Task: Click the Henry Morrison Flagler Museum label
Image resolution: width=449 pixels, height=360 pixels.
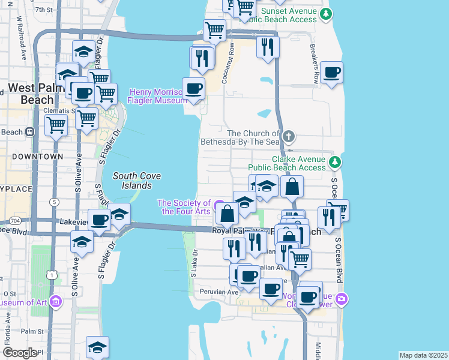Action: pyautogui.click(x=157, y=96)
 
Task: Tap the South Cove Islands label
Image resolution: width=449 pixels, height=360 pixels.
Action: pyautogui.click(x=132, y=181)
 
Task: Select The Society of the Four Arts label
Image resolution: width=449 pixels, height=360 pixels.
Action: pyautogui.click(x=185, y=207)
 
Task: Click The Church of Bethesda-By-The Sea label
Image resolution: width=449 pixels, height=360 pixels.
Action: pyautogui.click(x=253, y=137)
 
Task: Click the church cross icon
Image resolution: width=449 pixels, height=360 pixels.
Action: pyautogui.click(x=289, y=136)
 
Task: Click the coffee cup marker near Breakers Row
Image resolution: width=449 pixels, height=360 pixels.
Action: pyautogui.click(x=331, y=73)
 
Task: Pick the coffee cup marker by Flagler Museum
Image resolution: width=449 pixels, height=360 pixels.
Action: pyautogui.click(x=193, y=89)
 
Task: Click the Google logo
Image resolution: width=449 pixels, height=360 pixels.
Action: pyautogui.click(x=20, y=352)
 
